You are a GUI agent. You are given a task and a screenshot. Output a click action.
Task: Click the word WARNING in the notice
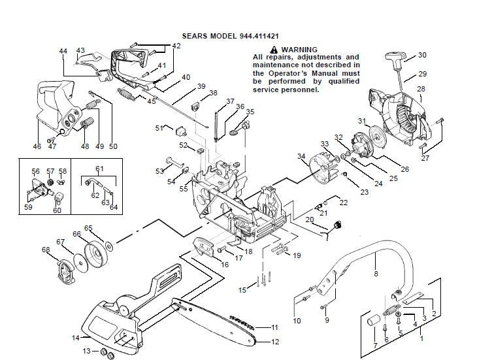tap(299, 50)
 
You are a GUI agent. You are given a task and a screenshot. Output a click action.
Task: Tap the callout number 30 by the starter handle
tap(422, 55)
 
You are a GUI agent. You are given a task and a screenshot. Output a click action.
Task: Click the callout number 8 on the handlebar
tap(376, 274)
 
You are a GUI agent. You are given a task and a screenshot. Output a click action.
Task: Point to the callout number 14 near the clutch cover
tap(75, 338)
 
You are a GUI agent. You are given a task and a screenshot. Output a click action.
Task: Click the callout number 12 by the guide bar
tap(275, 342)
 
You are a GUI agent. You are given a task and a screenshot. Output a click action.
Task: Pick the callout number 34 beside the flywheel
tap(301, 156)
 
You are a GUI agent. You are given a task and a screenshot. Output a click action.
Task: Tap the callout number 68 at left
tap(46, 250)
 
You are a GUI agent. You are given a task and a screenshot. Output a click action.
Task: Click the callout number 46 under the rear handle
tap(37, 146)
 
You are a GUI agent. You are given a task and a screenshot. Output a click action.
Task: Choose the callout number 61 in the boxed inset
tap(99, 169)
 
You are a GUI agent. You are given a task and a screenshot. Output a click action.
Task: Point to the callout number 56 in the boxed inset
tap(36, 171)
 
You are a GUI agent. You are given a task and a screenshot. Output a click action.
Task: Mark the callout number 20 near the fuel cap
tap(309, 220)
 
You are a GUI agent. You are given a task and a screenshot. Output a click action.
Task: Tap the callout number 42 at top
tap(176, 46)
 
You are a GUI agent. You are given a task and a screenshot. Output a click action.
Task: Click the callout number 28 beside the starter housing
tap(421, 89)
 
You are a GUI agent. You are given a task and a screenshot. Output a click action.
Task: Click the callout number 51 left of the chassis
tap(159, 128)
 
